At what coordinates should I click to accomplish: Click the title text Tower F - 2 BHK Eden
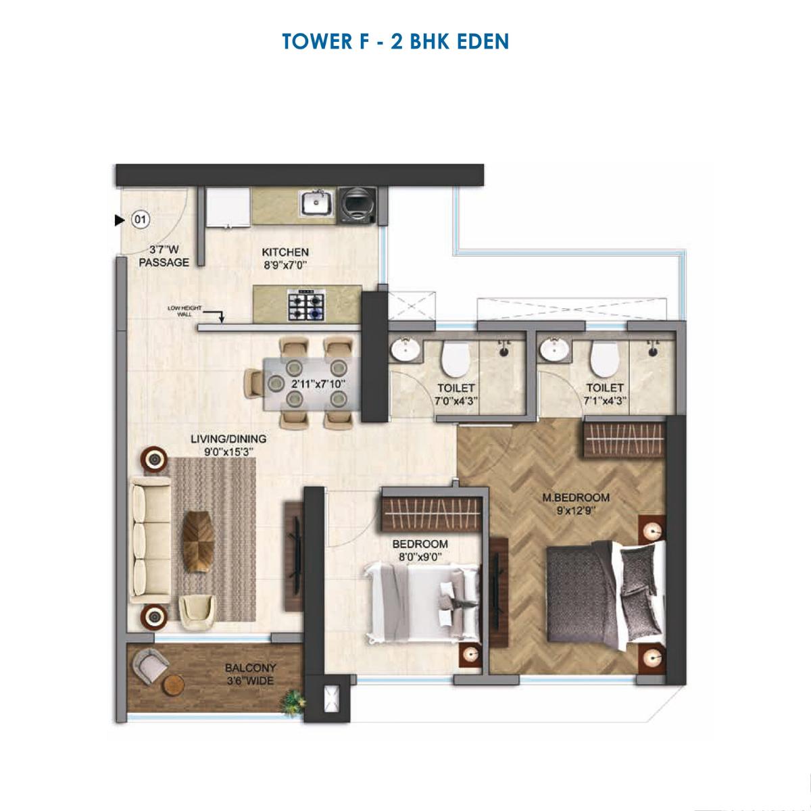(x=395, y=41)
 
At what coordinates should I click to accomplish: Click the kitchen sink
(x=316, y=202)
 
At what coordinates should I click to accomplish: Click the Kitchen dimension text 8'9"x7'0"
(x=285, y=266)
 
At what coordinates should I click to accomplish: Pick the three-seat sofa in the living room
(x=150, y=539)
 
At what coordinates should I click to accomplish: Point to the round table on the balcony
(x=174, y=684)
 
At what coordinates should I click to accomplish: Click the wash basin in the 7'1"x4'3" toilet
(x=555, y=351)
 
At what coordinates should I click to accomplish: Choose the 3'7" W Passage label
(x=164, y=255)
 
